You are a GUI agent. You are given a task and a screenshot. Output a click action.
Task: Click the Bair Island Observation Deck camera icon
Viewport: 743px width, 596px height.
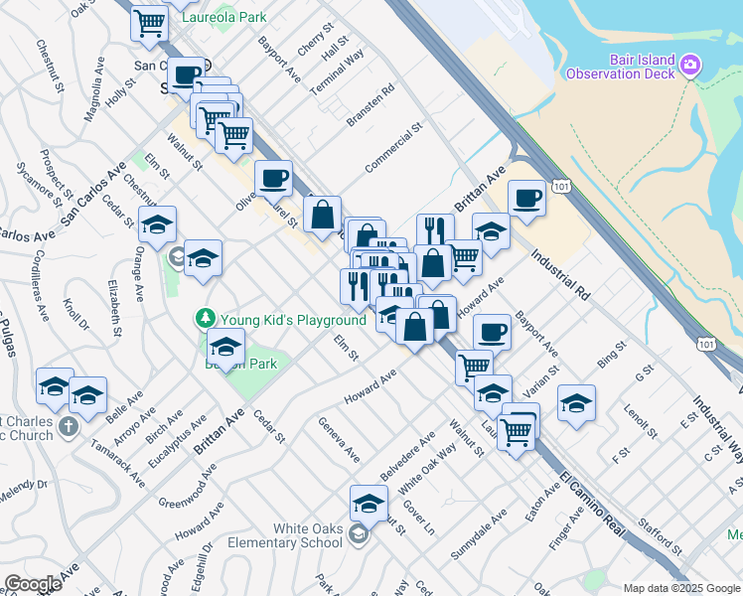point(692,67)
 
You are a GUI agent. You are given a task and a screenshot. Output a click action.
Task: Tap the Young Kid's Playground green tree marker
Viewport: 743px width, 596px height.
point(206,319)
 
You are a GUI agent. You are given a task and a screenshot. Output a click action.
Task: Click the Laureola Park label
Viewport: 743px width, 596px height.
point(230,17)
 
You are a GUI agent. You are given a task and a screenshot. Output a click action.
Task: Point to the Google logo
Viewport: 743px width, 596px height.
point(33,584)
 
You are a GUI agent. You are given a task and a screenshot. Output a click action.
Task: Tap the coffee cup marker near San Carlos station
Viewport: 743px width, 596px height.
point(185,74)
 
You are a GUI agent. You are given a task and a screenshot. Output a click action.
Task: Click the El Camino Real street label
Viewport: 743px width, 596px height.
point(590,506)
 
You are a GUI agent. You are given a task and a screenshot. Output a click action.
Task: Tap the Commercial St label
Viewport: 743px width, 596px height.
point(393,148)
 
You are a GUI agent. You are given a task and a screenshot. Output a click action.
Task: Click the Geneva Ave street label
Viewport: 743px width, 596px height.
point(339,439)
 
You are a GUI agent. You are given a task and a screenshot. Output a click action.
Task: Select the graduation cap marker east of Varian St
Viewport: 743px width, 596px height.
point(576,402)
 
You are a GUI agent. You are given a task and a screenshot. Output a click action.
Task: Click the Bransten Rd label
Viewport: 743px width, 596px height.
point(371,103)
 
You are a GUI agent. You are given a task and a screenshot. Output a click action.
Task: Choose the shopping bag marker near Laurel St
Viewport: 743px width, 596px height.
point(323,214)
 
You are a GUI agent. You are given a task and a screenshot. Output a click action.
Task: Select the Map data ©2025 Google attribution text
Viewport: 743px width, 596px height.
point(680,587)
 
